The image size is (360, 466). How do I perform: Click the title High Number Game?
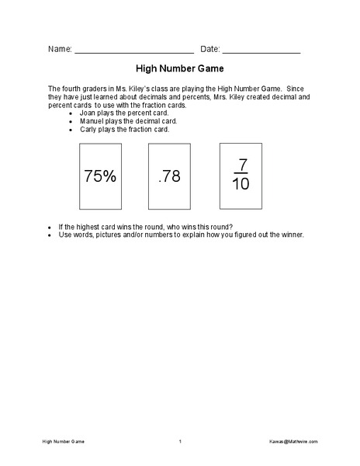(179, 68)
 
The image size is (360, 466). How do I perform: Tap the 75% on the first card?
(100, 176)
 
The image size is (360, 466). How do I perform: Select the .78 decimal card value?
(169, 176)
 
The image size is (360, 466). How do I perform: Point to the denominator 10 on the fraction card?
(241, 185)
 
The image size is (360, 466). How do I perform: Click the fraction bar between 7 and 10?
(241, 174)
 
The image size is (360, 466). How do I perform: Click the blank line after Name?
(133, 51)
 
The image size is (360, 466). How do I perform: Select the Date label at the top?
(210, 48)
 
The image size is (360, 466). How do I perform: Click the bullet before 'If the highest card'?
(50, 227)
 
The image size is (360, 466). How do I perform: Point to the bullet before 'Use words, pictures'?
(50, 235)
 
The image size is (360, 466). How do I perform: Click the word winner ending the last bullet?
(292, 235)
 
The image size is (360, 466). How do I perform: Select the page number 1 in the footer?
(179, 442)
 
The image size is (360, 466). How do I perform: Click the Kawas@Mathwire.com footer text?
(295, 442)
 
